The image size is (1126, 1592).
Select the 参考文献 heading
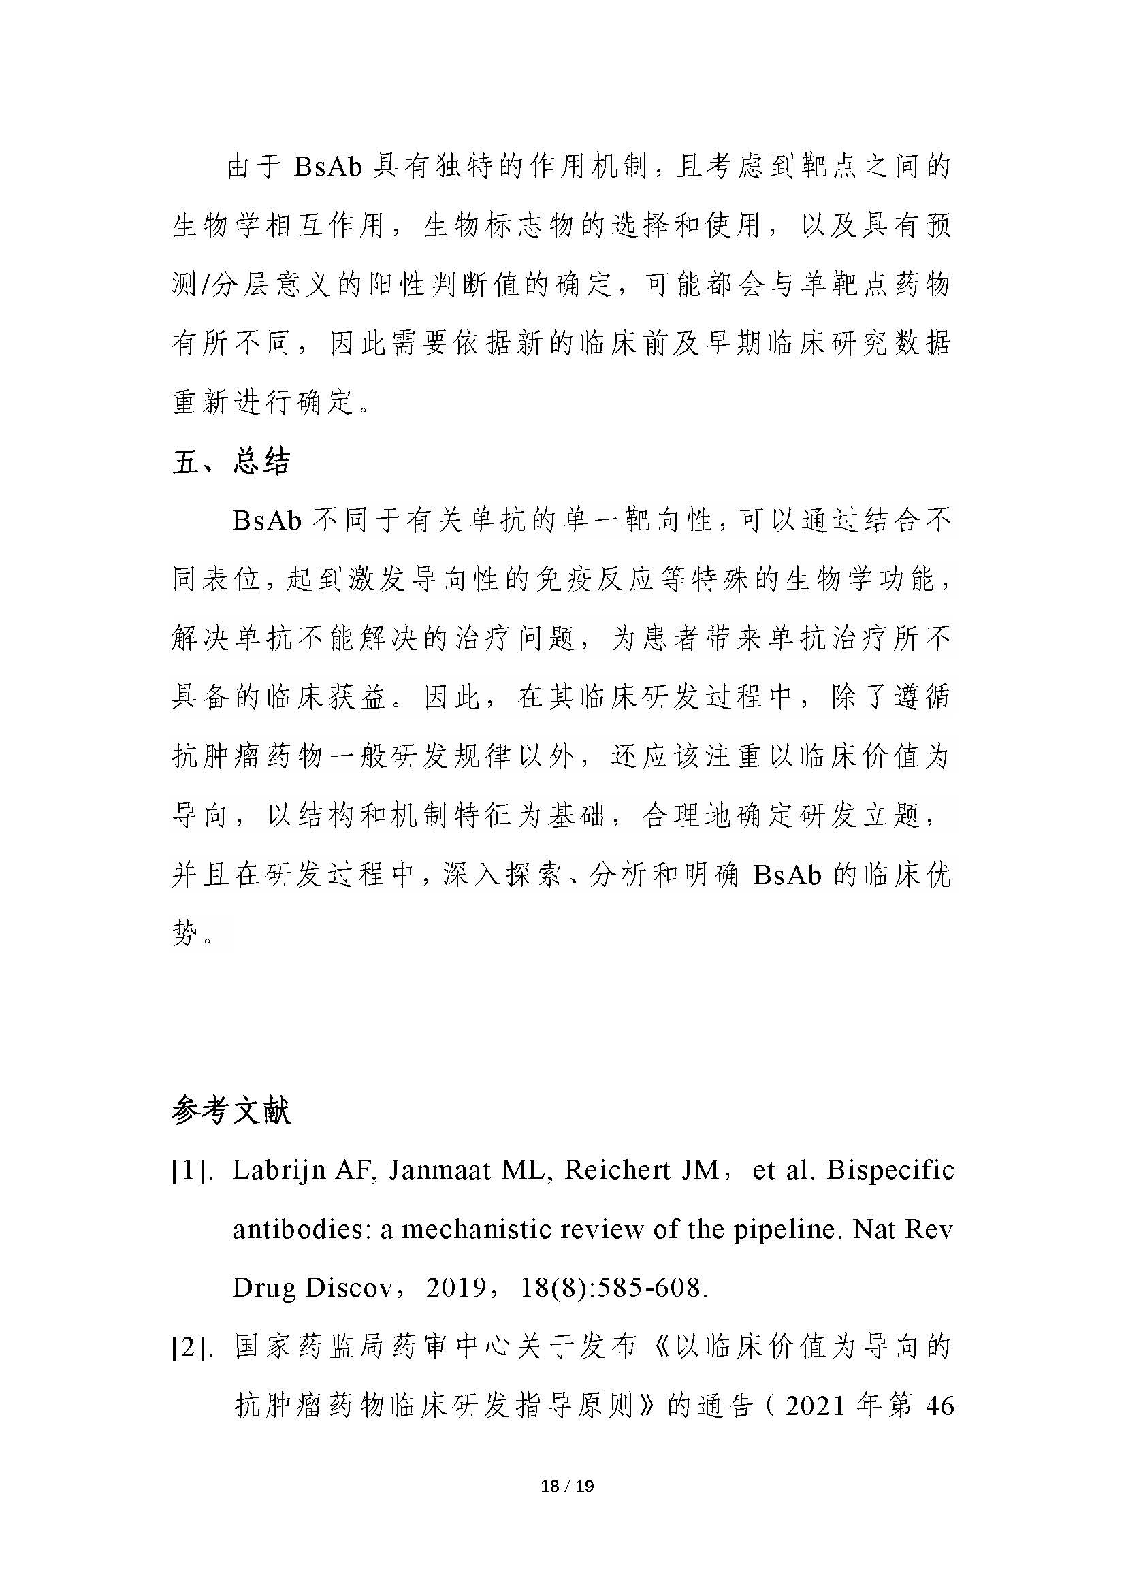tap(231, 1111)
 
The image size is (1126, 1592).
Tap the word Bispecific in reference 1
tap(890, 1171)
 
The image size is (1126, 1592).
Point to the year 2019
tap(456, 1288)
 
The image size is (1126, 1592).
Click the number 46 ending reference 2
tap(939, 1406)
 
